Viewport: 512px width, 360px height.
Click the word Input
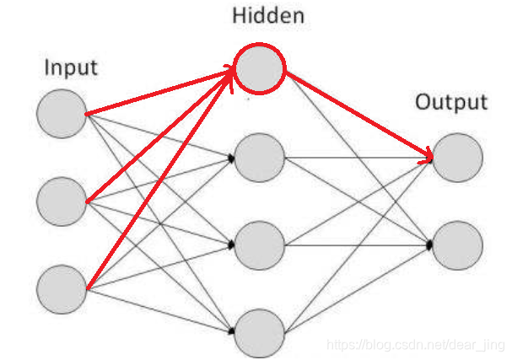(71, 67)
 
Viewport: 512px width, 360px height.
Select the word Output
(450, 103)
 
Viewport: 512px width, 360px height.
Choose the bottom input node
(62, 289)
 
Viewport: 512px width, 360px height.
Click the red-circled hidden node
(260, 67)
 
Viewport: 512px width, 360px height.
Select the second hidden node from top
(260, 158)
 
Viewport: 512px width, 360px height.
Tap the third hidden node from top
(260, 245)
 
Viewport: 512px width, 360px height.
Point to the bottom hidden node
(260, 332)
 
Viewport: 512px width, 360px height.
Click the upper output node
(458, 158)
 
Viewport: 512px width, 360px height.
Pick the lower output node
(458, 245)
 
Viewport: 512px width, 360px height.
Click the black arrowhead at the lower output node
(430, 244)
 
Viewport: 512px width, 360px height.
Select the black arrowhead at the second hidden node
(231, 158)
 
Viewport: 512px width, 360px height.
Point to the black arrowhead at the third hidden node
(231, 245)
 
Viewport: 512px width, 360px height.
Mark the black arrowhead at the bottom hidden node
(231, 332)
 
